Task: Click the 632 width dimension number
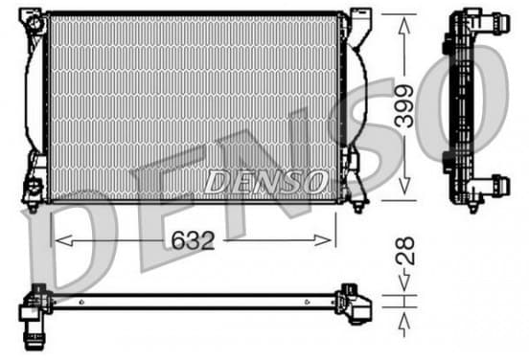[193, 240]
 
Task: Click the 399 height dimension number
[404, 106]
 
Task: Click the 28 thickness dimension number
[404, 251]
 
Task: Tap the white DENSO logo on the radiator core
[265, 181]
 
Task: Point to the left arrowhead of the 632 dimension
[63, 240]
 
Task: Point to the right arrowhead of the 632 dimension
[323, 240]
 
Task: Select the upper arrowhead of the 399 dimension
[404, 26]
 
